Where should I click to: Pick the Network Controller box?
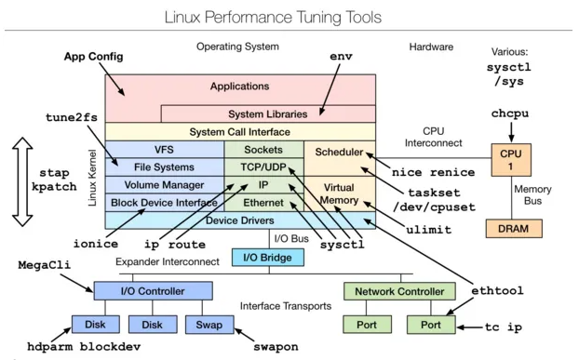coord(400,291)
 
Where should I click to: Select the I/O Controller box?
coord(152,291)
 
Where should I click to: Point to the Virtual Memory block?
coord(339,193)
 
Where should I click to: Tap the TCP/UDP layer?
coord(263,167)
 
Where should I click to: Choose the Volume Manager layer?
coord(164,184)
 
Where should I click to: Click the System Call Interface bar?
coord(240,132)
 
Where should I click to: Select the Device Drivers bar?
coord(240,220)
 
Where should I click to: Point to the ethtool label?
coord(496,291)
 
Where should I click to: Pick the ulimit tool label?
coord(428,230)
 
